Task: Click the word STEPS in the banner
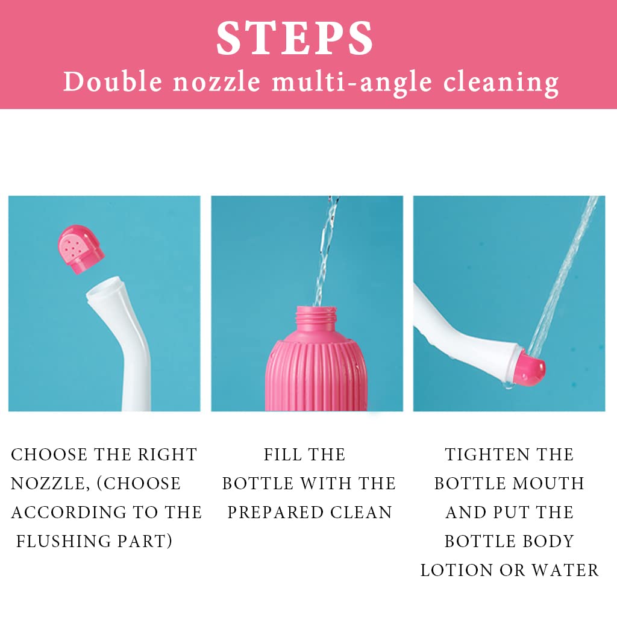click(x=295, y=38)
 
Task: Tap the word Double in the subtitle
click(x=113, y=82)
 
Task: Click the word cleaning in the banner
click(x=501, y=83)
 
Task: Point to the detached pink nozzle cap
click(x=81, y=249)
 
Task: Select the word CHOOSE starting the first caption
click(x=49, y=455)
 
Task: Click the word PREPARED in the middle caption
click(x=275, y=513)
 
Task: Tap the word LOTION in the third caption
click(x=457, y=570)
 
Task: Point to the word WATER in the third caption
click(x=565, y=570)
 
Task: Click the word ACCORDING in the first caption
click(x=69, y=513)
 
